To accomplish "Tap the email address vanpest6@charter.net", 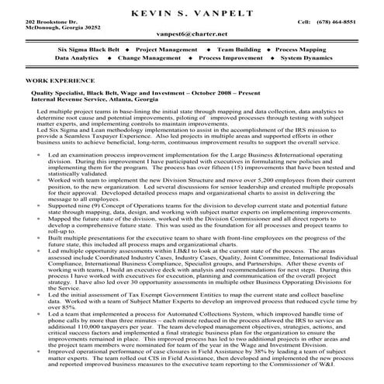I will coord(192,34).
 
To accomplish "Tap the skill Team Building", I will coord(238,49).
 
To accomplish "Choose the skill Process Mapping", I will coord(306,49).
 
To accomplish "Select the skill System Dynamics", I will coord(309,58).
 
